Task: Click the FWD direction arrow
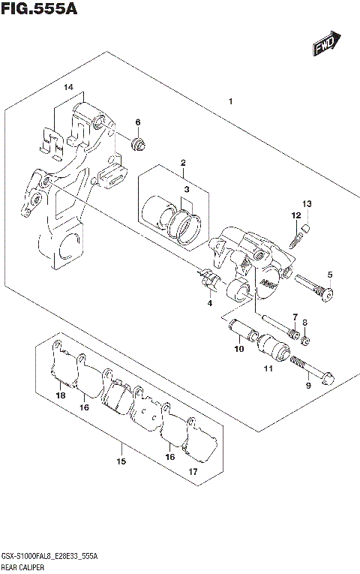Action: [x=327, y=45]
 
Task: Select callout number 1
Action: [x=231, y=101]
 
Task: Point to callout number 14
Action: [x=68, y=88]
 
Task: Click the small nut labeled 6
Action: [x=138, y=143]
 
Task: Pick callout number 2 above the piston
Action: [x=182, y=163]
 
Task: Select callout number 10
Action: [x=238, y=348]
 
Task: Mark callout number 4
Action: [x=210, y=302]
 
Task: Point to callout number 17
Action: [x=193, y=472]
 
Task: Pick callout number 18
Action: [x=60, y=395]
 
